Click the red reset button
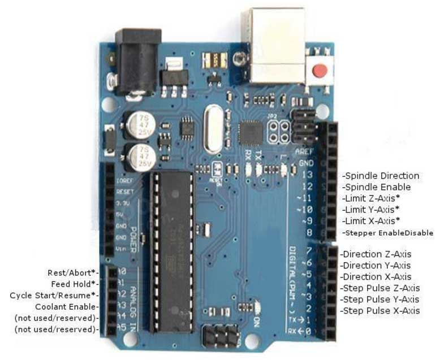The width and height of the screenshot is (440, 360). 320,71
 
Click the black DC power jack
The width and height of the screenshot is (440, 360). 138,59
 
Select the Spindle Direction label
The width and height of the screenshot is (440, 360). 382,176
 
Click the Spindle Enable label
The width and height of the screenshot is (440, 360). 377,187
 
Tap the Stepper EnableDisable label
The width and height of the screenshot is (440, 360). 388,233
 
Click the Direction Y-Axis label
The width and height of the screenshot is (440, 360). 376,265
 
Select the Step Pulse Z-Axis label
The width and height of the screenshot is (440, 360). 379,288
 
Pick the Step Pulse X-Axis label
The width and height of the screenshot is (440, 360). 379,311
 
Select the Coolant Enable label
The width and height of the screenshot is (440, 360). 67,306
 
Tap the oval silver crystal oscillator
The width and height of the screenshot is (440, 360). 213,129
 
